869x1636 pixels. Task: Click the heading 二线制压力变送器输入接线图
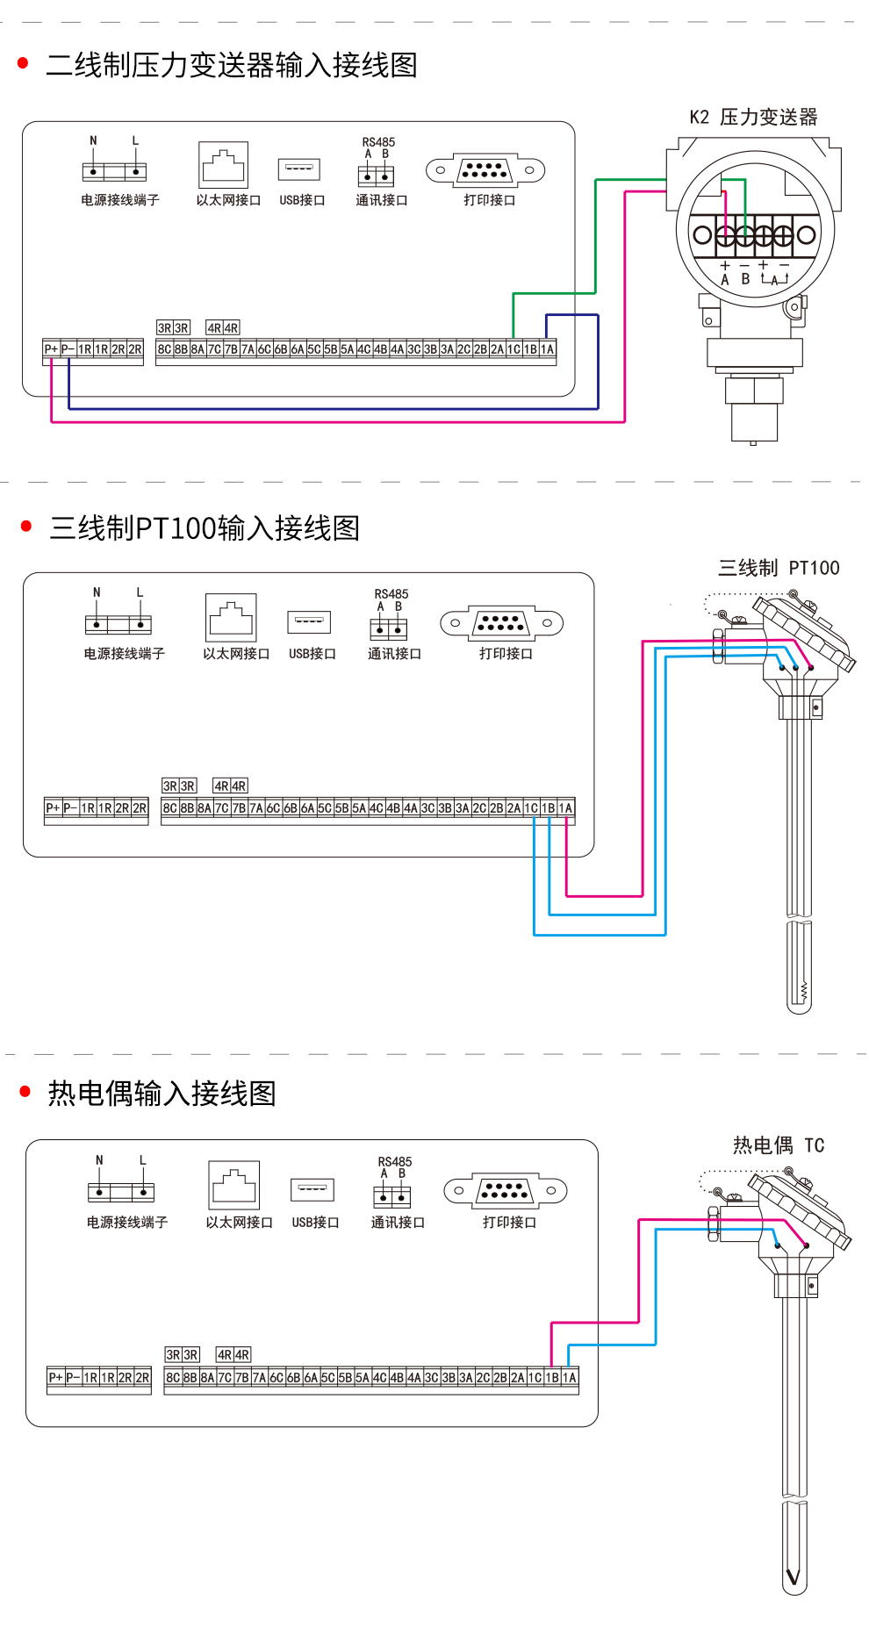[231, 65]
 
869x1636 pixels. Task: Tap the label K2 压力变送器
[753, 117]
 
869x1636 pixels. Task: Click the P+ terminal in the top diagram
[51, 349]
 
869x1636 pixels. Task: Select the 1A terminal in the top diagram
[548, 349]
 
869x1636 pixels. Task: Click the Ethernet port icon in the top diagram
[224, 165]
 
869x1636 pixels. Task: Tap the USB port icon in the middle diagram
[309, 621]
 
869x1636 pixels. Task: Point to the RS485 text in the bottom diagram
[395, 1161]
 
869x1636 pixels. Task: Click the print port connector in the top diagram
[485, 170]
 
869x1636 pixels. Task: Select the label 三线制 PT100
[779, 568]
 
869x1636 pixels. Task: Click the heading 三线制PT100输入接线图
[205, 528]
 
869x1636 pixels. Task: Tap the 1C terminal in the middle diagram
[532, 808]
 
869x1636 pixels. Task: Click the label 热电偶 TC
[779, 1145]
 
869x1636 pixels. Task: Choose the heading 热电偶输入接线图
[162, 1094]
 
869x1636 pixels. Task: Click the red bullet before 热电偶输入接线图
[25, 1092]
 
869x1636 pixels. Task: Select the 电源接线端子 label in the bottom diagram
[127, 1222]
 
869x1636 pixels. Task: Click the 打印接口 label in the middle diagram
[506, 654]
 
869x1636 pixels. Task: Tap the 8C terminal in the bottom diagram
[173, 1378]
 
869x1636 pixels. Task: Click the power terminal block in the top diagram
[114, 171]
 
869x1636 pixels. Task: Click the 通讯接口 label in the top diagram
[381, 200]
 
